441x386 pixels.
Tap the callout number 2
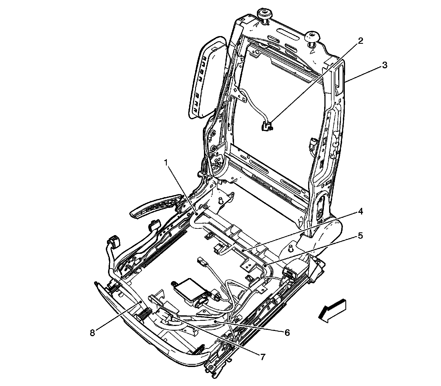pos(360,41)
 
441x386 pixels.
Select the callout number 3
pos(384,65)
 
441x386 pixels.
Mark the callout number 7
pos(262,357)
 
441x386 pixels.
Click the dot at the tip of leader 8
pos(141,302)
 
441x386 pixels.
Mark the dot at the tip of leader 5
pos(264,266)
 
